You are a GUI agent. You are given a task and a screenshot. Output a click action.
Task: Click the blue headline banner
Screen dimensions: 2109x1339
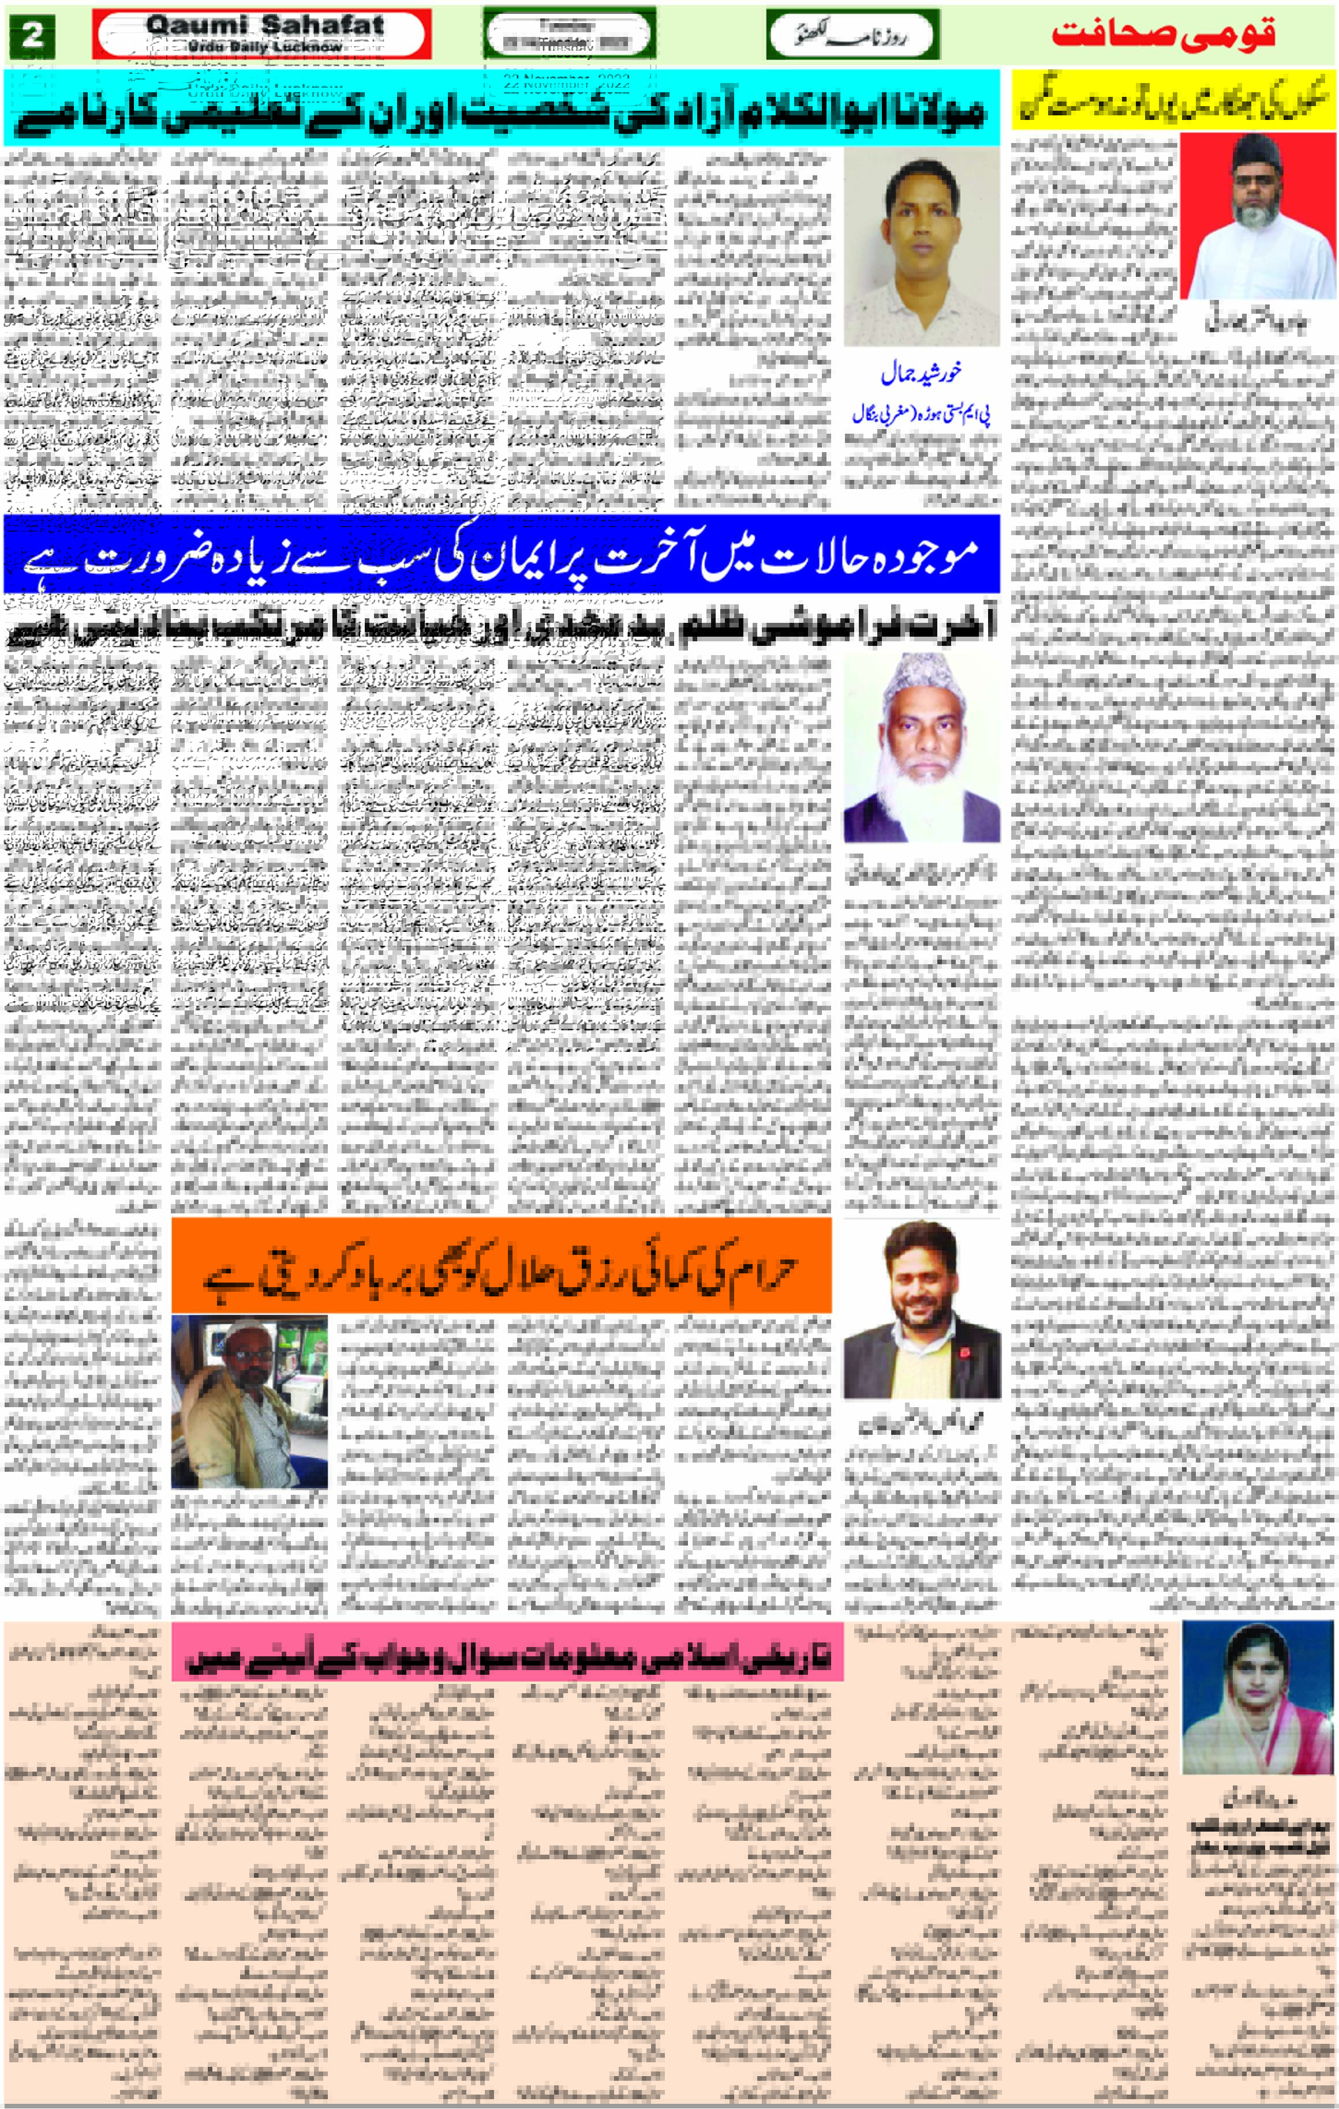(501, 555)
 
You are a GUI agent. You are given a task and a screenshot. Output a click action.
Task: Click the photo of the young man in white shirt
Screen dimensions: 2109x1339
(921, 246)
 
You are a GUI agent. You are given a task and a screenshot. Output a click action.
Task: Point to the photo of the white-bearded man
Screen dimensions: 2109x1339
(921, 749)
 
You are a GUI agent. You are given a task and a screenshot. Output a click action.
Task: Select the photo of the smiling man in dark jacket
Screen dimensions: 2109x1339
(921, 1310)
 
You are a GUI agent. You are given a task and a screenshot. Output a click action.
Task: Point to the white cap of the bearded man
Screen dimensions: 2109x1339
(923, 682)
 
